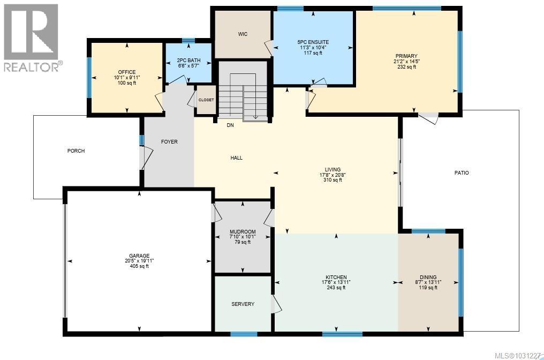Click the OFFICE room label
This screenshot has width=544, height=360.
[127, 72]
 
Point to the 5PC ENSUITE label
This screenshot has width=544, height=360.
[313, 42]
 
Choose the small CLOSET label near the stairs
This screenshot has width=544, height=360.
[206, 100]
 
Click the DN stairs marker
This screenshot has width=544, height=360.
[230, 126]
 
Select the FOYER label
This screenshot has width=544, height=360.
[169, 142]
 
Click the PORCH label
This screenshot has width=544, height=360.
[76, 151]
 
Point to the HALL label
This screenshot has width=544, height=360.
[236, 158]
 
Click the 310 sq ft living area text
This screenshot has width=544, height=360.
[333, 180]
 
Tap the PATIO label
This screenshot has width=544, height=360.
[461, 172]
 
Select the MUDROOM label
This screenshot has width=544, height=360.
[243, 232]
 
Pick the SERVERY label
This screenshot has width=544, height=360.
[243, 304]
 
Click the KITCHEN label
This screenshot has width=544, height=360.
[336, 277]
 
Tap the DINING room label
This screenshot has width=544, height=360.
[428, 277]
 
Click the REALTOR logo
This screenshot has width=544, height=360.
[32, 37]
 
